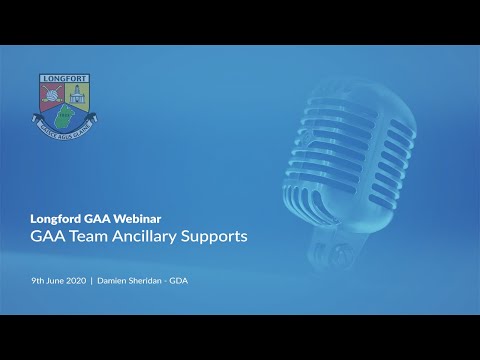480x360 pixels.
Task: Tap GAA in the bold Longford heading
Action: coord(95,218)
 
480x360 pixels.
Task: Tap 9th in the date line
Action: coord(36,281)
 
